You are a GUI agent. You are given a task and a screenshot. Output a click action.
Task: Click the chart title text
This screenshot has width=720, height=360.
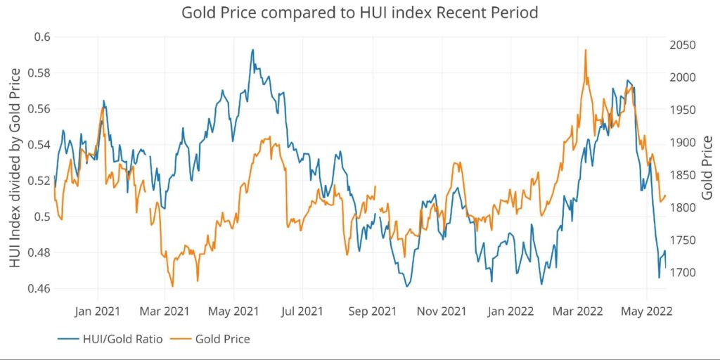click(x=359, y=13)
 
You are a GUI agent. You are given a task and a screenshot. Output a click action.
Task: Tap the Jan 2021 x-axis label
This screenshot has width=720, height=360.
click(x=97, y=310)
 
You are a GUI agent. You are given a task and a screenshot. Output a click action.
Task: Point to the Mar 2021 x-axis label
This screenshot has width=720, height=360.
click(x=165, y=310)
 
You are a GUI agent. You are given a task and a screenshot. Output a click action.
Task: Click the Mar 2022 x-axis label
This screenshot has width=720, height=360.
click(x=577, y=310)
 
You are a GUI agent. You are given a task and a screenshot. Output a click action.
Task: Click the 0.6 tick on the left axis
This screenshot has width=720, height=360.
click(x=42, y=37)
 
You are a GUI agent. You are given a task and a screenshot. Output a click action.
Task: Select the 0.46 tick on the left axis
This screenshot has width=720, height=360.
click(x=39, y=288)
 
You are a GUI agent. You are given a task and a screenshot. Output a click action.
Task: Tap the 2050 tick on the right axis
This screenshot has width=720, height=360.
click(x=683, y=45)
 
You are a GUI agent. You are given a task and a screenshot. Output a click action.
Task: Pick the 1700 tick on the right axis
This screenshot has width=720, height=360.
click(x=683, y=273)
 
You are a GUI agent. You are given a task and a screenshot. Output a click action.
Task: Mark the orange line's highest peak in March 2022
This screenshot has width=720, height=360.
click(x=585, y=50)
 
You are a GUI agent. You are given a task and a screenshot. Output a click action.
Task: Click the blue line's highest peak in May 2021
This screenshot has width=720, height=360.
click(x=252, y=50)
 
